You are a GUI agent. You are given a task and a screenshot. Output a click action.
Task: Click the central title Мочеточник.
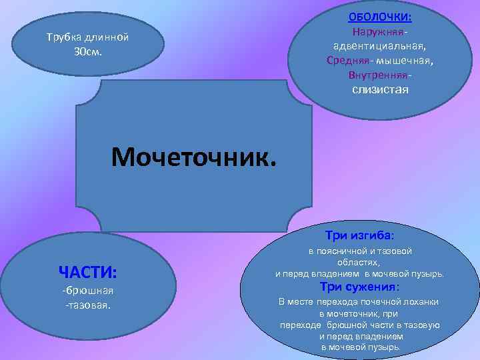pyautogui.click(x=193, y=158)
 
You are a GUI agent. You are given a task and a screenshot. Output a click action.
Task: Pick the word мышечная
pyautogui.click(x=404, y=61)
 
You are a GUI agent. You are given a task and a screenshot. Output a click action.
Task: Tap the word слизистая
pyautogui.click(x=380, y=89)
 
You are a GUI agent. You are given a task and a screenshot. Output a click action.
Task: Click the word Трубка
pyautogui.click(x=61, y=37)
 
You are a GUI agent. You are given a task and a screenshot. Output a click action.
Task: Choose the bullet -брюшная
pyautogui.click(x=87, y=291)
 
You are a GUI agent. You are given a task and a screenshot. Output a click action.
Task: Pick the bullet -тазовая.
pyautogui.click(x=87, y=305)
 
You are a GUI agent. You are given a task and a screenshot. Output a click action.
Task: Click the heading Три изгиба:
pyautogui.click(x=359, y=235)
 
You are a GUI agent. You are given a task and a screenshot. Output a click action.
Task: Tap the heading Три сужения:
pyautogui.click(x=359, y=287)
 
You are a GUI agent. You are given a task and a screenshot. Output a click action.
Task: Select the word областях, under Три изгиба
pyautogui.click(x=359, y=263)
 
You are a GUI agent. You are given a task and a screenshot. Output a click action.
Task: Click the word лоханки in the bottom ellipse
pyautogui.click(x=421, y=302)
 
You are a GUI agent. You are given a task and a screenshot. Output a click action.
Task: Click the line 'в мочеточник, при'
pyautogui.click(x=359, y=313)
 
